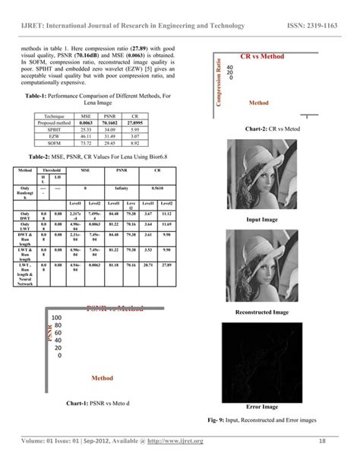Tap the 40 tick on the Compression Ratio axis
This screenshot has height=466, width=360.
tap(230, 66)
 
